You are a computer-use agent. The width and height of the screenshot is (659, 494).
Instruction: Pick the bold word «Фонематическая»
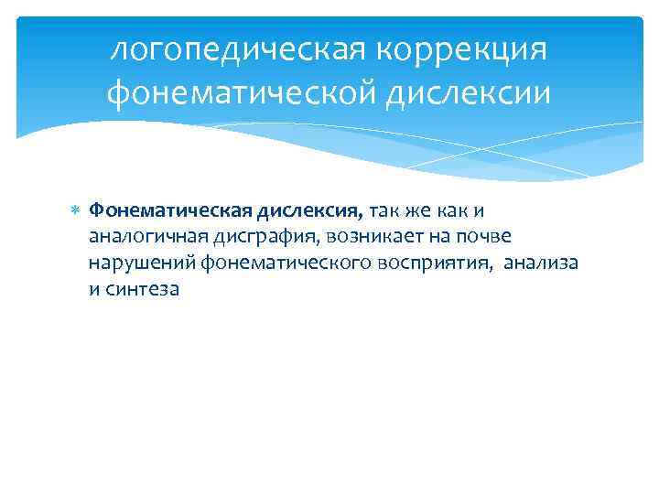pos(157,211)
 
